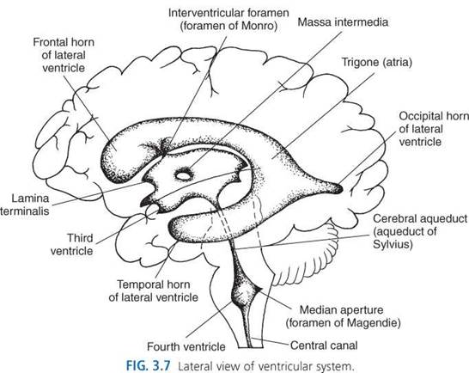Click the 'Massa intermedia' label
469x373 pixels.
coord(343,22)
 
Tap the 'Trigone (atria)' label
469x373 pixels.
coord(377,62)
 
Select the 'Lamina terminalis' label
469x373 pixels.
coord(25,205)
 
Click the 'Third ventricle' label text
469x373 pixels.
coord(72,244)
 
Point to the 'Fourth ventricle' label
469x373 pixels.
coord(186,346)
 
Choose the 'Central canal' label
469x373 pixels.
coord(324,345)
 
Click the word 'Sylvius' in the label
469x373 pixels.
coord(393,244)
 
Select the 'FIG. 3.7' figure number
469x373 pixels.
coord(149,365)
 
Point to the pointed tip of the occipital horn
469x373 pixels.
coord(341,188)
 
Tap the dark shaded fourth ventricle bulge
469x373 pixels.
coord(243,296)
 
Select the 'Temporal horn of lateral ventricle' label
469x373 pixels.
coord(154,290)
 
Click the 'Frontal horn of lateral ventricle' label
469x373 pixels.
coord(64,55)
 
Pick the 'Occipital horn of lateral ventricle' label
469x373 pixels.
coord(434,129)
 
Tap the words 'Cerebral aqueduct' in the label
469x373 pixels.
coord(420,218)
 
